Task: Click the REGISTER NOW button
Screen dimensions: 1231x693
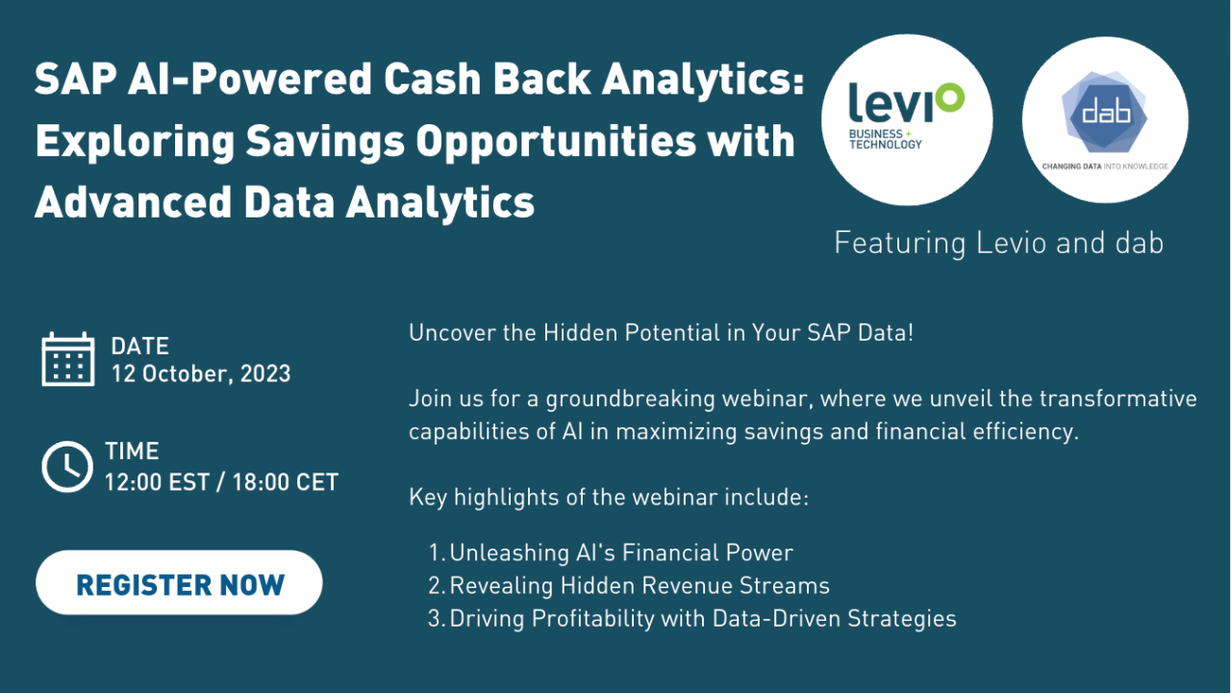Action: point(179,582)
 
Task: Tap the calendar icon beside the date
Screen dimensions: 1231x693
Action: point(68,359)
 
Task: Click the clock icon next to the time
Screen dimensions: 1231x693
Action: point(67,467)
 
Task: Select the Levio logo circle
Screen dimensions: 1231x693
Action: point(907,120)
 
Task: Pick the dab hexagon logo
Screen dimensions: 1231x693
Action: point(1105,113)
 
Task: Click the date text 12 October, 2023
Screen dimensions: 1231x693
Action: point(201,374)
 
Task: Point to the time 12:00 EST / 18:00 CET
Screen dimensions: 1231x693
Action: point(221,482)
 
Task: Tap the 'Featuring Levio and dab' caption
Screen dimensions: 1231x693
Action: point(998,244)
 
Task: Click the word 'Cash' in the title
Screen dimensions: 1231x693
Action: point(433,79)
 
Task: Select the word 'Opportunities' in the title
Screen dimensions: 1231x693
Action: point(556,141)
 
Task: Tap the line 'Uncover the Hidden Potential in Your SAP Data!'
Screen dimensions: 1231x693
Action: point(661,333)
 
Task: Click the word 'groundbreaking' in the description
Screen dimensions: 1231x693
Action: point(630,399)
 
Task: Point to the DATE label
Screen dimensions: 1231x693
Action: point(140,346)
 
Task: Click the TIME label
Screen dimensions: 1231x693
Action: point(132,451)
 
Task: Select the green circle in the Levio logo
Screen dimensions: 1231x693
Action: point(950,98)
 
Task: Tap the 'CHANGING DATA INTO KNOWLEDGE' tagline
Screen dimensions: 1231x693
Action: point(1105,167)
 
